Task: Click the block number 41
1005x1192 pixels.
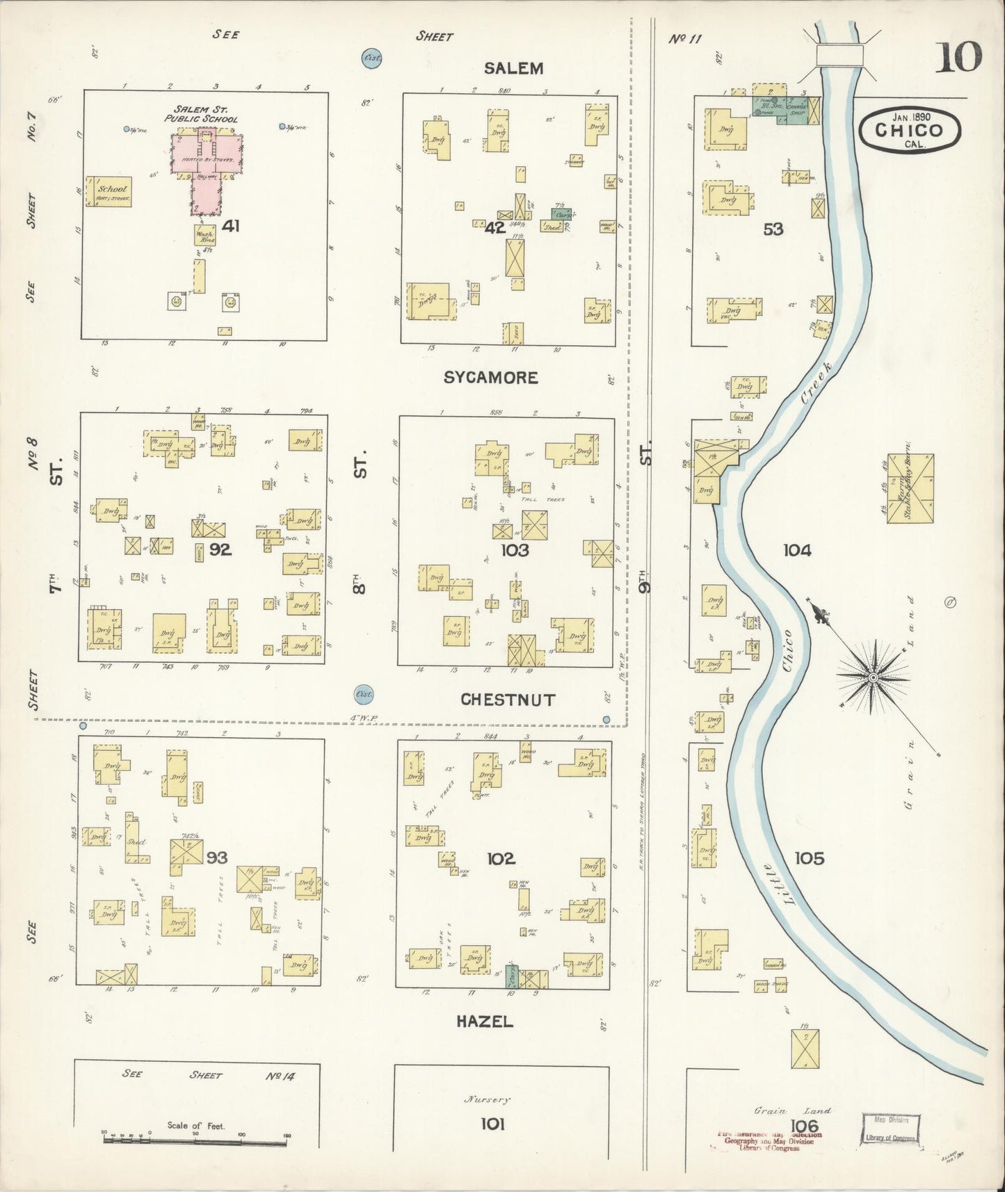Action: pos(232,226)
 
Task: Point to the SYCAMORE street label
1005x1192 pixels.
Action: pos(490,378)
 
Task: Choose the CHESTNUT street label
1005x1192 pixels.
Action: pos(508,700)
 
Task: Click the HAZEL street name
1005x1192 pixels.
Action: pos(485,1022)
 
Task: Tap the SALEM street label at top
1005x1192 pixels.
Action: pos(513,68)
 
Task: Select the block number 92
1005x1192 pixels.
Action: pos(220,550)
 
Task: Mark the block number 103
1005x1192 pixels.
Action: pos(514,551)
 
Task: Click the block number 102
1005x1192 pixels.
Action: pos(501,859)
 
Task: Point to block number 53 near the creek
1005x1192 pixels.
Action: pos(773,229)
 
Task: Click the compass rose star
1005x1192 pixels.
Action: pos(872,675)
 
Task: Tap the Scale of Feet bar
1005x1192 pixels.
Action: pos(195,1138)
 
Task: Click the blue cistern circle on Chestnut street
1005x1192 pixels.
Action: pos(363,694)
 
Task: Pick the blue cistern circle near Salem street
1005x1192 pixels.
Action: pos(372,58)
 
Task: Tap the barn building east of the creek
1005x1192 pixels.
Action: pos(910,489)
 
